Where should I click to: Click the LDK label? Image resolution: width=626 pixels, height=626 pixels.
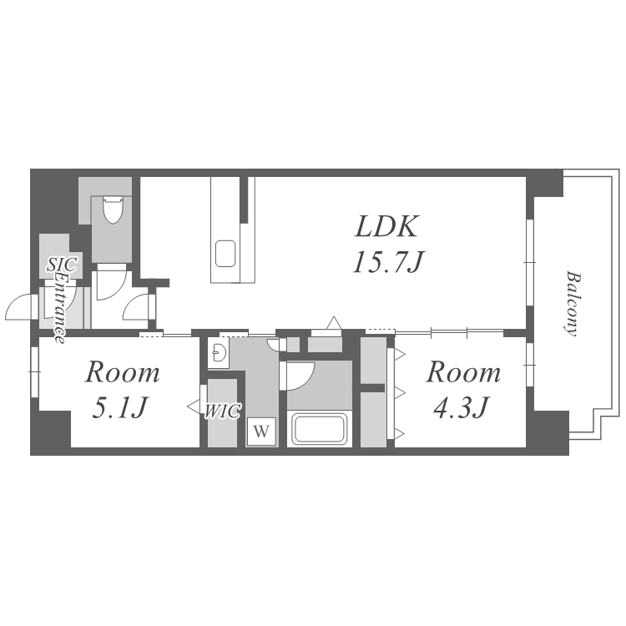pyautogui.click(x=386, y=226)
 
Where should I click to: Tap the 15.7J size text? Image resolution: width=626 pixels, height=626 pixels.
pyautogui.click(x=388, y=262)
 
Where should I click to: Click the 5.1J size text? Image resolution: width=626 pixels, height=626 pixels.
pyautogui.click(x=119, y=406)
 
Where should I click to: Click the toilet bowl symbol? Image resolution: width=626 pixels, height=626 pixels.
pyautogui.click(x=113, y=210)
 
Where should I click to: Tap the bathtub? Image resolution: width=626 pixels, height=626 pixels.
pyautogui.click(x=319, y=428)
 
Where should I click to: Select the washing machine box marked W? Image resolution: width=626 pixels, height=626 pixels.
pyautogui.click(x=261, y=432)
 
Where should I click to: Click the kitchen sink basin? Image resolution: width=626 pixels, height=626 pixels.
pyautogui.click(x=225, y=254)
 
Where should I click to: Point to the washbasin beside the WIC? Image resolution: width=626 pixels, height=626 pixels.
pyautogui.click(x=219, y=352)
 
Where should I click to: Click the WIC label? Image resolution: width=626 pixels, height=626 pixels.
pyautogui.click(x=223, y=411)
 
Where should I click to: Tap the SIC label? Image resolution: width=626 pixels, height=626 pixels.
pyautogui.click(x=62, y=265)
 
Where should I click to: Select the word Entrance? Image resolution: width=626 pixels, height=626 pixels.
pyautogui.click(x=61, y=307)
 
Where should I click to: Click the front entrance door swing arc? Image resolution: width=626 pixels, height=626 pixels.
pyautogui.click(x=15, y=301)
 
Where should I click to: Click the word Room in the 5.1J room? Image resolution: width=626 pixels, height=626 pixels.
pyautogui.click(x=122, y=372)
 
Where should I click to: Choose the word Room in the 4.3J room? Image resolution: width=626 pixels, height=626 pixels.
pyautogui.click(x=463, y=372)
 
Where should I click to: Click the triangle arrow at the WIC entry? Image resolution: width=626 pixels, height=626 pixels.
pyautogui.click(x=194, y=406)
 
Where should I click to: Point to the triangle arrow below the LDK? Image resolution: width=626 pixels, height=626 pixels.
pyautogui.click(x=334, y=322)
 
